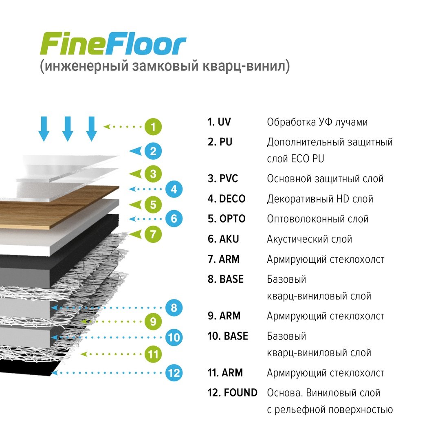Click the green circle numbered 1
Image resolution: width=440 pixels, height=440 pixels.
tap(153, 127)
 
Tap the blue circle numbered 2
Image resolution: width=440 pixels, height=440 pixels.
tap(153, 151)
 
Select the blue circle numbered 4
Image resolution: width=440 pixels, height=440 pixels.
tap(174, 189)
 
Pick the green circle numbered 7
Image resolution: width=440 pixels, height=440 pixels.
tap(153, 234)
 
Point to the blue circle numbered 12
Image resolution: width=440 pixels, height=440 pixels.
tap(174, 373)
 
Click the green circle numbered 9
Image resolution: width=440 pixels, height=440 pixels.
tap(153, 321)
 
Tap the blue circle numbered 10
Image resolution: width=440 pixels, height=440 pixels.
tap(174, 337)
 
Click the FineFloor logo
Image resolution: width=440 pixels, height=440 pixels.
tap(113, 44)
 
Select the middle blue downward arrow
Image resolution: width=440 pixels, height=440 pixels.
tap(68, 129)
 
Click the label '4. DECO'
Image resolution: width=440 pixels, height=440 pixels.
tap(227, 199)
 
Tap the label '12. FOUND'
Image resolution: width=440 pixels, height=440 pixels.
tap(232, 393)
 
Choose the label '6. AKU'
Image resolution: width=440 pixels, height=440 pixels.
tap(223, 239)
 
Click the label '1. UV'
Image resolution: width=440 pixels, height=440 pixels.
tap(219, 122)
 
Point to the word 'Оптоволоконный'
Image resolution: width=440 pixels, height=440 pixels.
tap(306, 219)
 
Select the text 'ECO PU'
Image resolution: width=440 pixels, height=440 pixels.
tap(308, 159)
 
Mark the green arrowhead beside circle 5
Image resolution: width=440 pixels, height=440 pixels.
tap(135, 205)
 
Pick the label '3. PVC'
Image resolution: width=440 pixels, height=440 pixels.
tap(223, 179)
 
